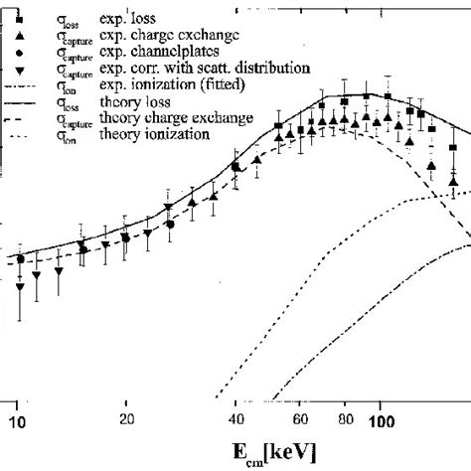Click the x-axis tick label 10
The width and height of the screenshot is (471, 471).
[x=15, y=420]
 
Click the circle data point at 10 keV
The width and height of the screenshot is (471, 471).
[x=20, y=259]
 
